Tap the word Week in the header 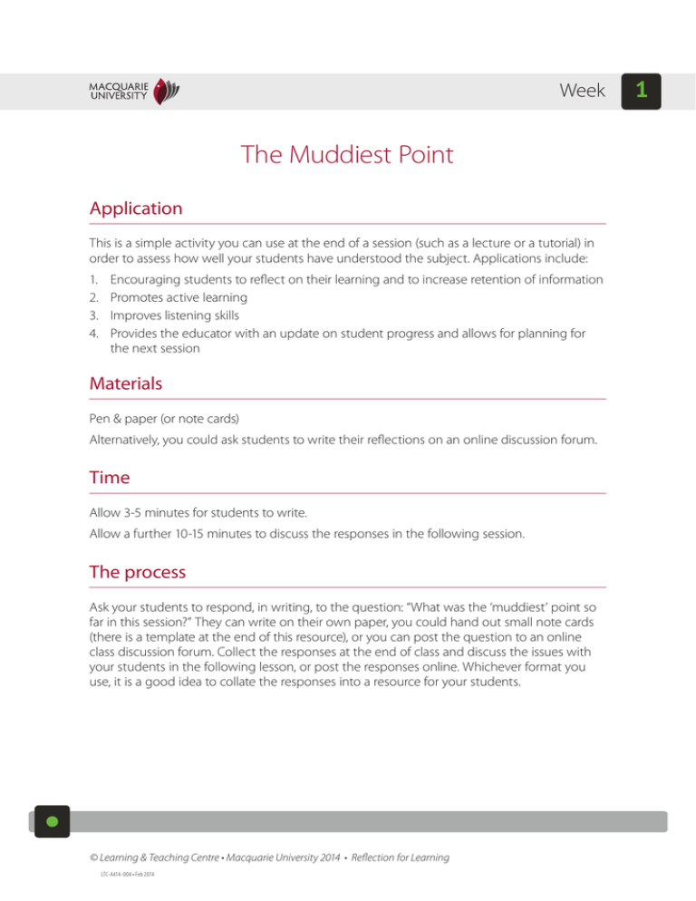click(582, 91)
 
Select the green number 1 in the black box click(641, 91)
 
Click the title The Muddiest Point click(347, 154)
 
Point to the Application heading click(136, 208)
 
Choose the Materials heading click(126, 383)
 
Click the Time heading click(110, 477)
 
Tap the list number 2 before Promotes click(95, 297)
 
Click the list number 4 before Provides click(95, 332)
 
